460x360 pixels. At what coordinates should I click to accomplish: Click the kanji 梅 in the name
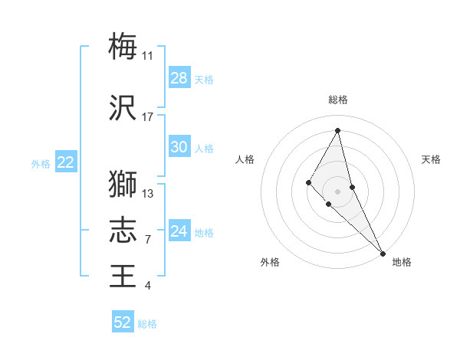pos(123,46)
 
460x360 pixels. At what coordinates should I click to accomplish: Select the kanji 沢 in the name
pos(123,108)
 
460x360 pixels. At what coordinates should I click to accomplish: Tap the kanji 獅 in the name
pos(123,184)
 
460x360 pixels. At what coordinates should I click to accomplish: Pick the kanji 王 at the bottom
pos(123,275)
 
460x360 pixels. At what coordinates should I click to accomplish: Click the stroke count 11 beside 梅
pos(148,55)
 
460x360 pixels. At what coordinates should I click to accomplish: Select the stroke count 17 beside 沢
pos(148,117)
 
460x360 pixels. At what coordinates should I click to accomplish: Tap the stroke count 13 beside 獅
pos(148,193)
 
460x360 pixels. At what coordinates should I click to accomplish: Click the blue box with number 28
pos(179,78)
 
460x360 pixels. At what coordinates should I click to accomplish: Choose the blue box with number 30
pos(179,147)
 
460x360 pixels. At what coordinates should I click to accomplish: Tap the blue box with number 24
pos(179,231)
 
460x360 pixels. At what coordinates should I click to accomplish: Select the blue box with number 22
pos(66,162)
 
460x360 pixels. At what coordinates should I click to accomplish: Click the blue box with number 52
pos(123,322)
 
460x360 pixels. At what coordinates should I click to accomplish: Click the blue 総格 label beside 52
pos(147,324)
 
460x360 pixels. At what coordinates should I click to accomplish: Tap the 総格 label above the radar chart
pos(337,100)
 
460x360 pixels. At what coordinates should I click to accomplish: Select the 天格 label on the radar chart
pos(431,159)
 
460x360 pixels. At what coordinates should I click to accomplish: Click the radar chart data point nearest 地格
pos(383,252)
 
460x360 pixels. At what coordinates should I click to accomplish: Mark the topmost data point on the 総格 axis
pos(337,130)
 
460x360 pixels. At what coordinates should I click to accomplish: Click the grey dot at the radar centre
pos(337,191)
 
